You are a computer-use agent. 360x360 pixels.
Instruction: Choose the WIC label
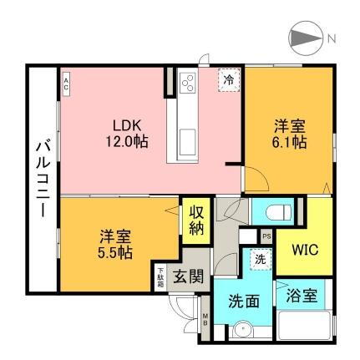tap(303, 251)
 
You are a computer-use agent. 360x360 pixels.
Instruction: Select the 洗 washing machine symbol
tap(260, 261)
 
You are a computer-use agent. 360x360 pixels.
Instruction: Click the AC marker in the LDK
tap(66, 81)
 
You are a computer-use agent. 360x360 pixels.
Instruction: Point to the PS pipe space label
tap(266, 236)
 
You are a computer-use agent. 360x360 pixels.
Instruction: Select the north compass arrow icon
tap(304, 38)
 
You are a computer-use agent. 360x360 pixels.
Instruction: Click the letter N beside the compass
tap(332, 38)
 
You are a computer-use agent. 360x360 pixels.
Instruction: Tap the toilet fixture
tap(271, 209)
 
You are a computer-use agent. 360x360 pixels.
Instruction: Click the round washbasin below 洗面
tap(243, 328)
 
